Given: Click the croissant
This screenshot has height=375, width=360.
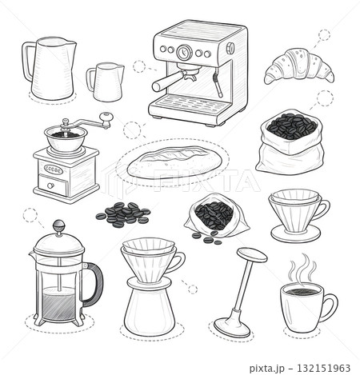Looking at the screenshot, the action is [298, 66].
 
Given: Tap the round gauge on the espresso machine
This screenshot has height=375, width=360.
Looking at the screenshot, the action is [184, 52].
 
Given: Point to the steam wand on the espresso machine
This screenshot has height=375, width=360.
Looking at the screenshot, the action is [218, 82].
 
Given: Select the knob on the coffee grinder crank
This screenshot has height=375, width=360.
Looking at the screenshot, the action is [106, 118].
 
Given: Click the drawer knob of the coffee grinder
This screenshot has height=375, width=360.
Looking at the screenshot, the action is [50, 186].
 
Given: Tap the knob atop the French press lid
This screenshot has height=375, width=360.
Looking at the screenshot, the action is [58, 226].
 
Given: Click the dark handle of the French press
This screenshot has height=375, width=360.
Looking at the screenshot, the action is [94, 284].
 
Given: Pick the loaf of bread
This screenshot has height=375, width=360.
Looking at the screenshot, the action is [174, 162].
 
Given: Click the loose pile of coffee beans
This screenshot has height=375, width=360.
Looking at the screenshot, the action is [123, 214].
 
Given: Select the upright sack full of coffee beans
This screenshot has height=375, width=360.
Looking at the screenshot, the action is [290, 142].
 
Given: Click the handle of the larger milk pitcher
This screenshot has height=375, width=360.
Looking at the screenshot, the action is [27, 62].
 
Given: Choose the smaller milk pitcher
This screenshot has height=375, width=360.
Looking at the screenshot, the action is [106, 82].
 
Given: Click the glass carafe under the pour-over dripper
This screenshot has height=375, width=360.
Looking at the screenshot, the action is [150, 306].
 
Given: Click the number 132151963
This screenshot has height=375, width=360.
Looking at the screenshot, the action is [323, 368].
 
